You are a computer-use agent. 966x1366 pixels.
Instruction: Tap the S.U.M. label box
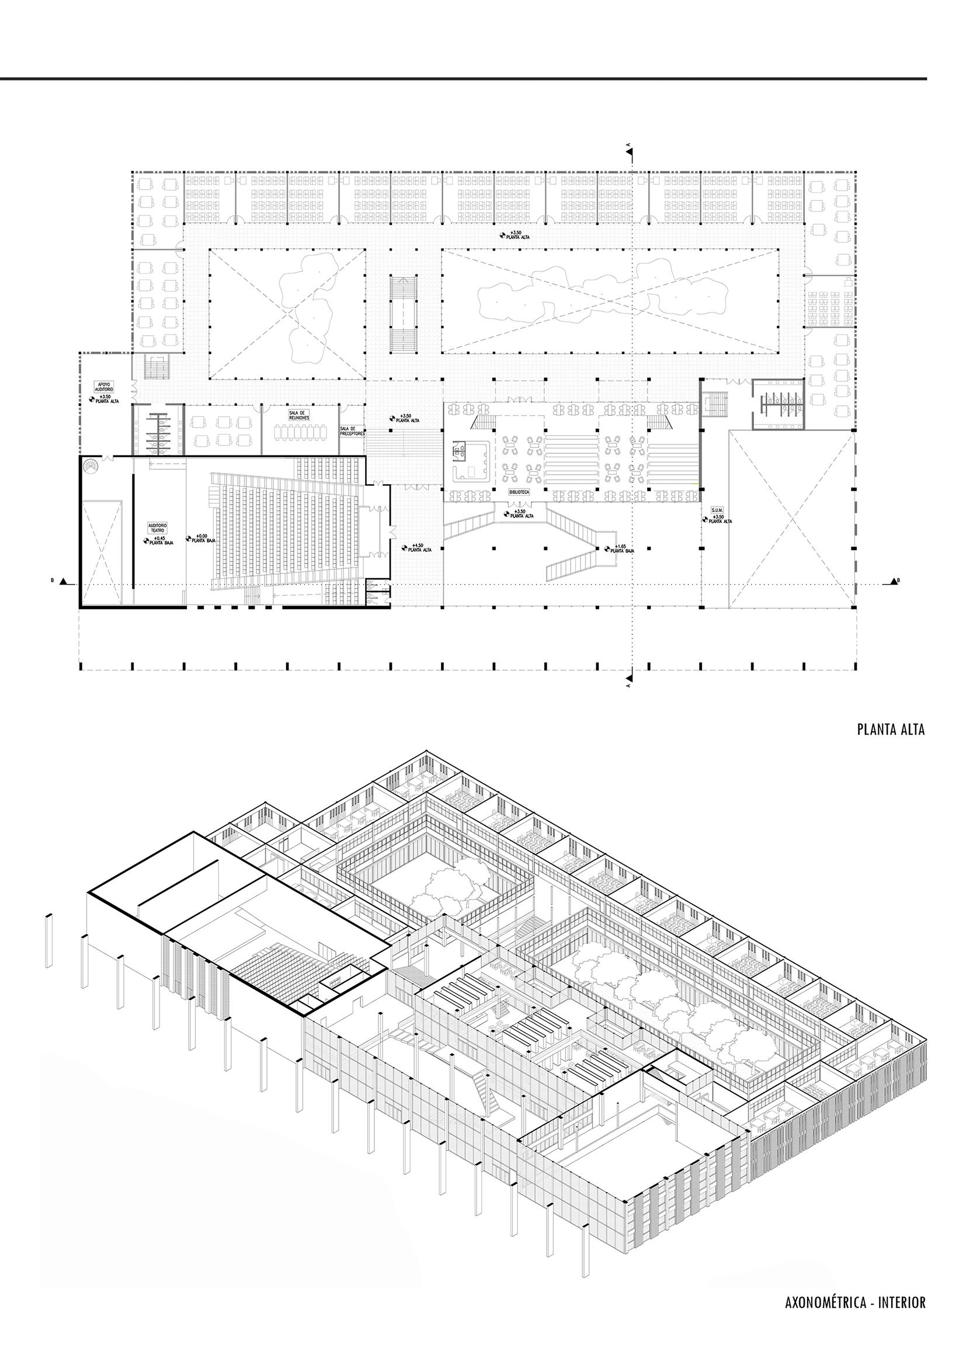click(715, 510)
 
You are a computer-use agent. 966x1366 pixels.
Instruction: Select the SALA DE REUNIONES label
click(296, 415)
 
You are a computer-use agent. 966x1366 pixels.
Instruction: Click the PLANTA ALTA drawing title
click(891, 730)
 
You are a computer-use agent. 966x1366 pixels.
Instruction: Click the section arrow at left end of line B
click(70, 581)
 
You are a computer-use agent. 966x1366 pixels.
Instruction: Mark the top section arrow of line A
click(630, 153)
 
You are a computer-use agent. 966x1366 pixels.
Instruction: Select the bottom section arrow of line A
click(630, 676)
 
